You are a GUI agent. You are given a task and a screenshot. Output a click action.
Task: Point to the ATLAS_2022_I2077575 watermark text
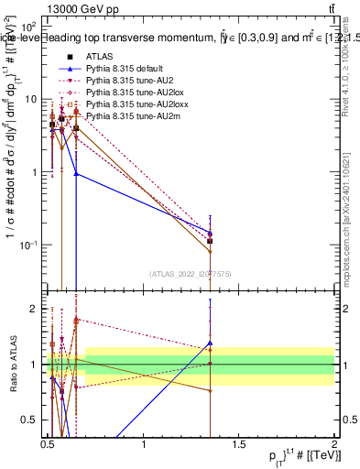[x=191, y=274]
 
